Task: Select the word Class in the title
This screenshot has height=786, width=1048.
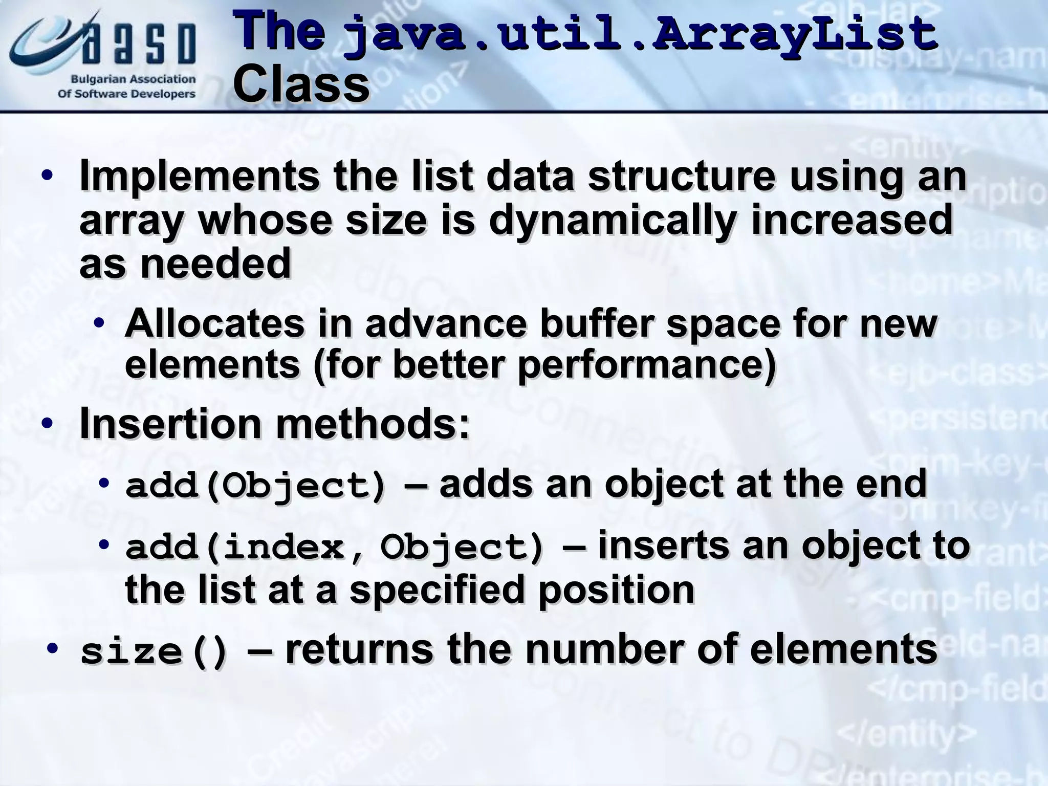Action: point(301,84)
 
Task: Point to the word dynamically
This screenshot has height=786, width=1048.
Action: point(613,221)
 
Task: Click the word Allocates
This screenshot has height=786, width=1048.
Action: point(214,323)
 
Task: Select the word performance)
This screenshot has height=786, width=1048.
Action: point(647,364)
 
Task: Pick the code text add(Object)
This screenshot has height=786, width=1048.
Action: point(256,486)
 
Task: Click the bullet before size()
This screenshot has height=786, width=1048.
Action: point(52,649)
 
